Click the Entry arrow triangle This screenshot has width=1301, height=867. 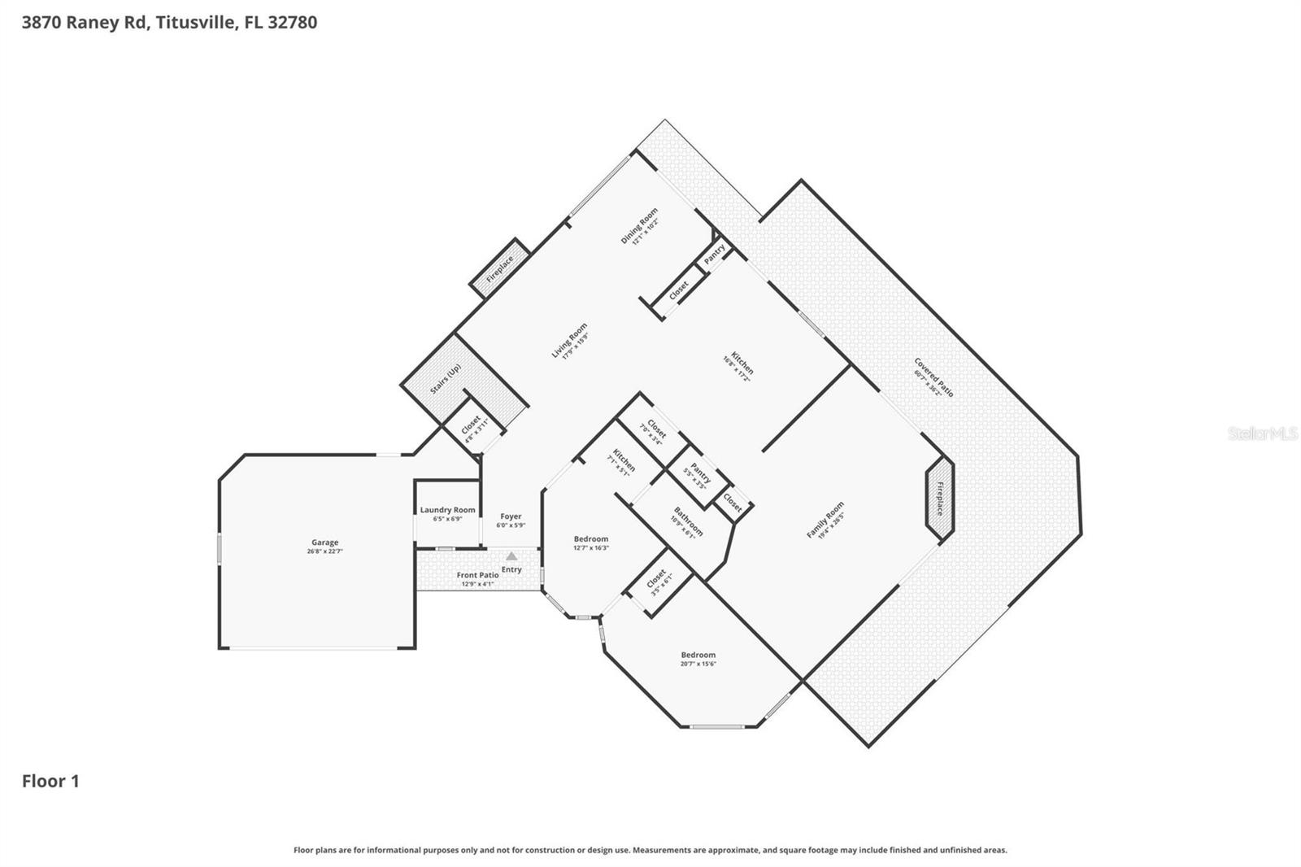(x=511, y=556)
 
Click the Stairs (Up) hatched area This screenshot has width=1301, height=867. (x=446, y=379)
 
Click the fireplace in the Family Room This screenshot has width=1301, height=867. (x=939, y=498)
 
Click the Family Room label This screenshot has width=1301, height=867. (x=825, y=520)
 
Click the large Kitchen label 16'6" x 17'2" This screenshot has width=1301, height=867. (x=741, y=367)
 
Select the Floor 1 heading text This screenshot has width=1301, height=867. (x=50, y=781)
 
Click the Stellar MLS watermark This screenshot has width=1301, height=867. (x=1262, y=433)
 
